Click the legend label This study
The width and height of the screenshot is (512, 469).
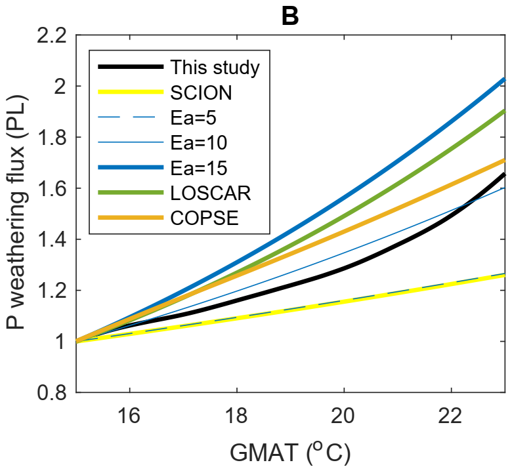click(215, 67)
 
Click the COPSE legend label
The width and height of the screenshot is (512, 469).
click(202, 219)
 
